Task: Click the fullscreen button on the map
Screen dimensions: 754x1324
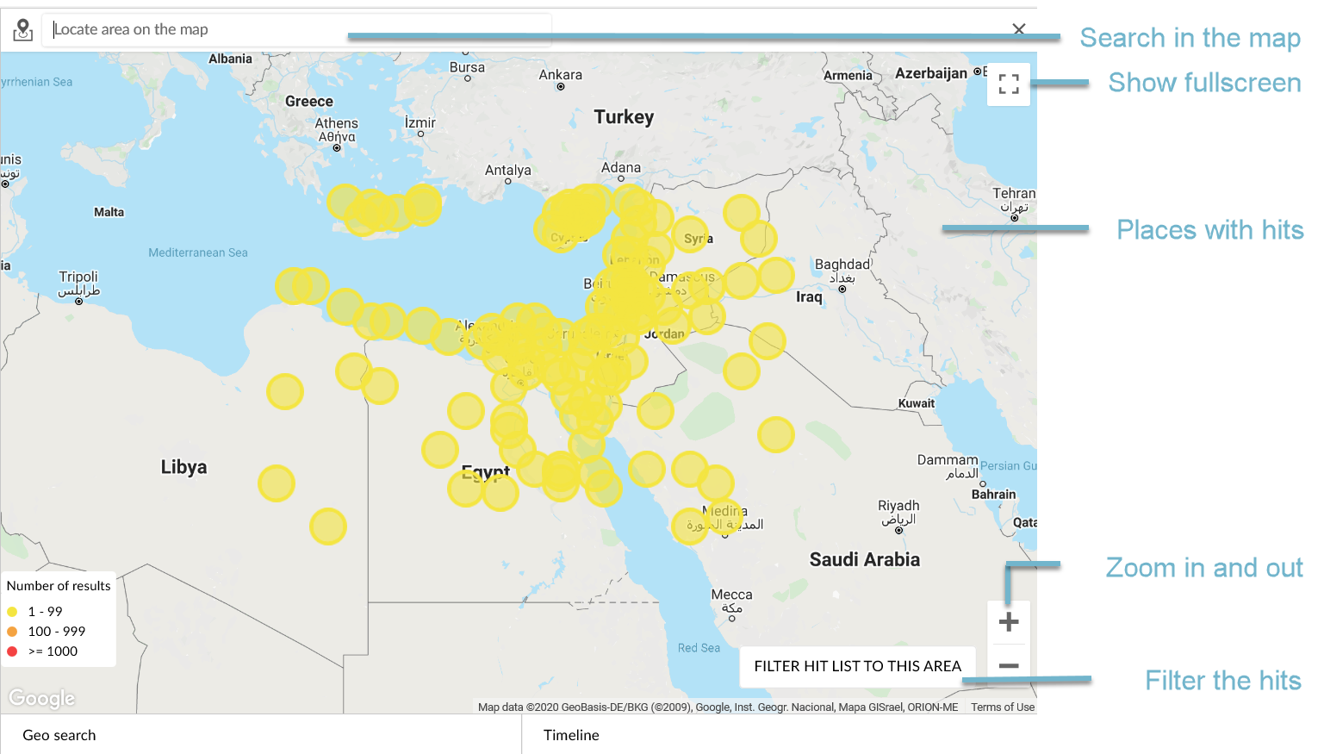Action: [1009, 84]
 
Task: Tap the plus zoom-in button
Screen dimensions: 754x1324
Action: [1008, 622]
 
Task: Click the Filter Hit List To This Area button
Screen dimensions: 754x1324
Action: [857, 666]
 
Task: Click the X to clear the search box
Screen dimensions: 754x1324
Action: [1019, 29]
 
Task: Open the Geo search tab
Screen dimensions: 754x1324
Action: [59, 735]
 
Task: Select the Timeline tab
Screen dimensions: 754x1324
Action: [571, 735]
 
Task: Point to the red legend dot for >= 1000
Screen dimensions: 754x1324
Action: [12, 651]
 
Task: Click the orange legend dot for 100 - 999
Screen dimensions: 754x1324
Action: [12, 632]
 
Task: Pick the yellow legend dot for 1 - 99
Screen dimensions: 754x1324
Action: [12, 612]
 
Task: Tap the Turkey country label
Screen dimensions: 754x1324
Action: [624, 117]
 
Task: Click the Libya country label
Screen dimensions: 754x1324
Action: [183, 467]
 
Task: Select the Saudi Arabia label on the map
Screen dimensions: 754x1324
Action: [864, 560]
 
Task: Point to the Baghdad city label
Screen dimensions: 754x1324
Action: [842, 265]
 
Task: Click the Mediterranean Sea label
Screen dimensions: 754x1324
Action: [197, 252]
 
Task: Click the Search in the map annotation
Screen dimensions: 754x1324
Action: [1190, 38]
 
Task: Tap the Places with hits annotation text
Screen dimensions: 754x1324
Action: [1209, 230]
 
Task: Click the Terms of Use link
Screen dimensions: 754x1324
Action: [1003, 707]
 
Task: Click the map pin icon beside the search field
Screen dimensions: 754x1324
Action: [23, 30]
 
